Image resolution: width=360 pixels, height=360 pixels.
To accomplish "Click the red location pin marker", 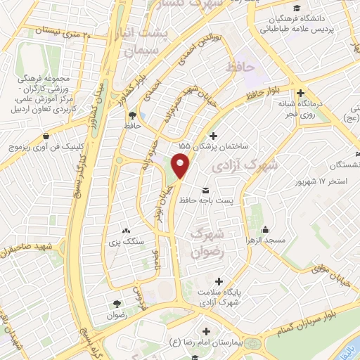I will (181, 165).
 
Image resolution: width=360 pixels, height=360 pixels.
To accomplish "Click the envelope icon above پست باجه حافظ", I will (206, 191).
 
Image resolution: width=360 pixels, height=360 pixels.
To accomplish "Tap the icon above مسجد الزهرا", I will (265, 230).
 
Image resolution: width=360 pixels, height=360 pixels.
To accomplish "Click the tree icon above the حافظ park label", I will (132, 115).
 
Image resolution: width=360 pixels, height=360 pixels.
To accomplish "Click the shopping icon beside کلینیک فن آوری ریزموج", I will (46, 137).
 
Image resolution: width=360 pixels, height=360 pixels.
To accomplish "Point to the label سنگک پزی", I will (125, 243).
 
